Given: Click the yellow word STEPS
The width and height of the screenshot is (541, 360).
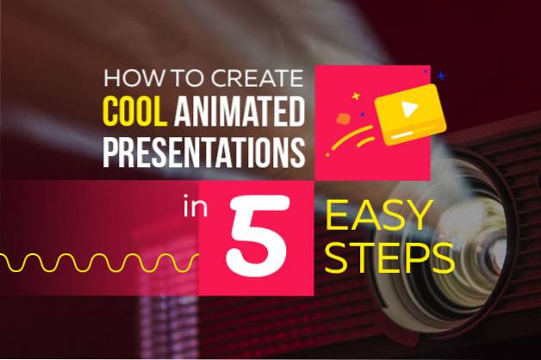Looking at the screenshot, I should click(x=390, y=258).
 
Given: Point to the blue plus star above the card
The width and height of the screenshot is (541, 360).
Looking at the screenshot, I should click(x=440, y=76).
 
